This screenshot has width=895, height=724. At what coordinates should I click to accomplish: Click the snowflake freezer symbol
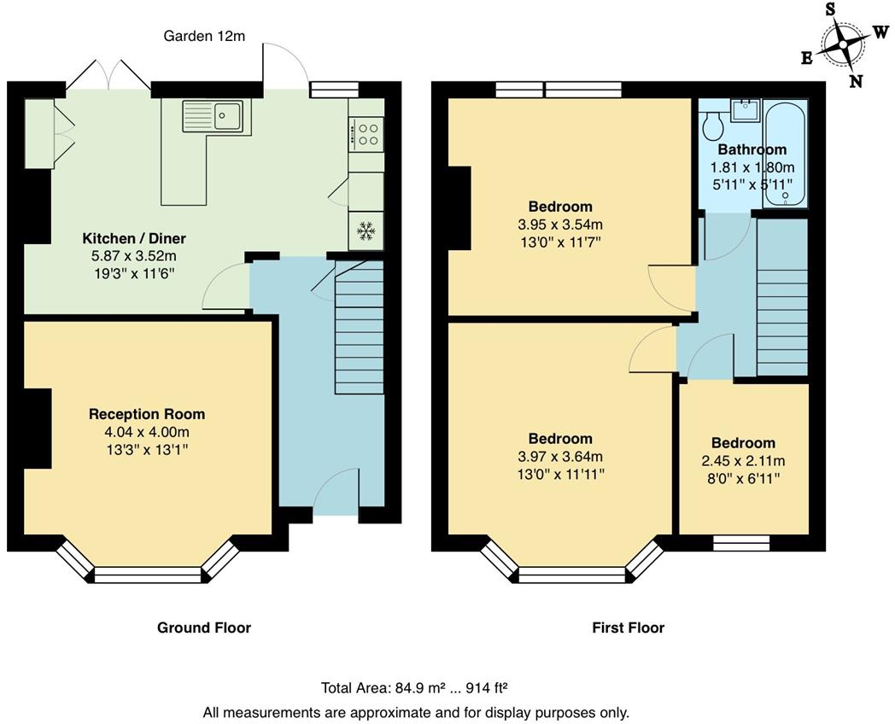tap(366, 230)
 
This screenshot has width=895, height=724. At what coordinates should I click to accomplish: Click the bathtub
tap(785, 154)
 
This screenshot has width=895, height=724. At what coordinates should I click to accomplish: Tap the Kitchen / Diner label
tap(133, 238)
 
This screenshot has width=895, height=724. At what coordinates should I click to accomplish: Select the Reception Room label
tap(147, 414)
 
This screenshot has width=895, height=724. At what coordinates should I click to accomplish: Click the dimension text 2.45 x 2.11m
tap(743, 461)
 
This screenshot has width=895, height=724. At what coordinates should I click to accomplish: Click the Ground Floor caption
tap(203, 628)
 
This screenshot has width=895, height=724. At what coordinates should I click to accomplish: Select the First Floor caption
tap(628, 628)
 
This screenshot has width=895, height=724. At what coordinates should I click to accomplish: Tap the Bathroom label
tap(752, 150)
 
